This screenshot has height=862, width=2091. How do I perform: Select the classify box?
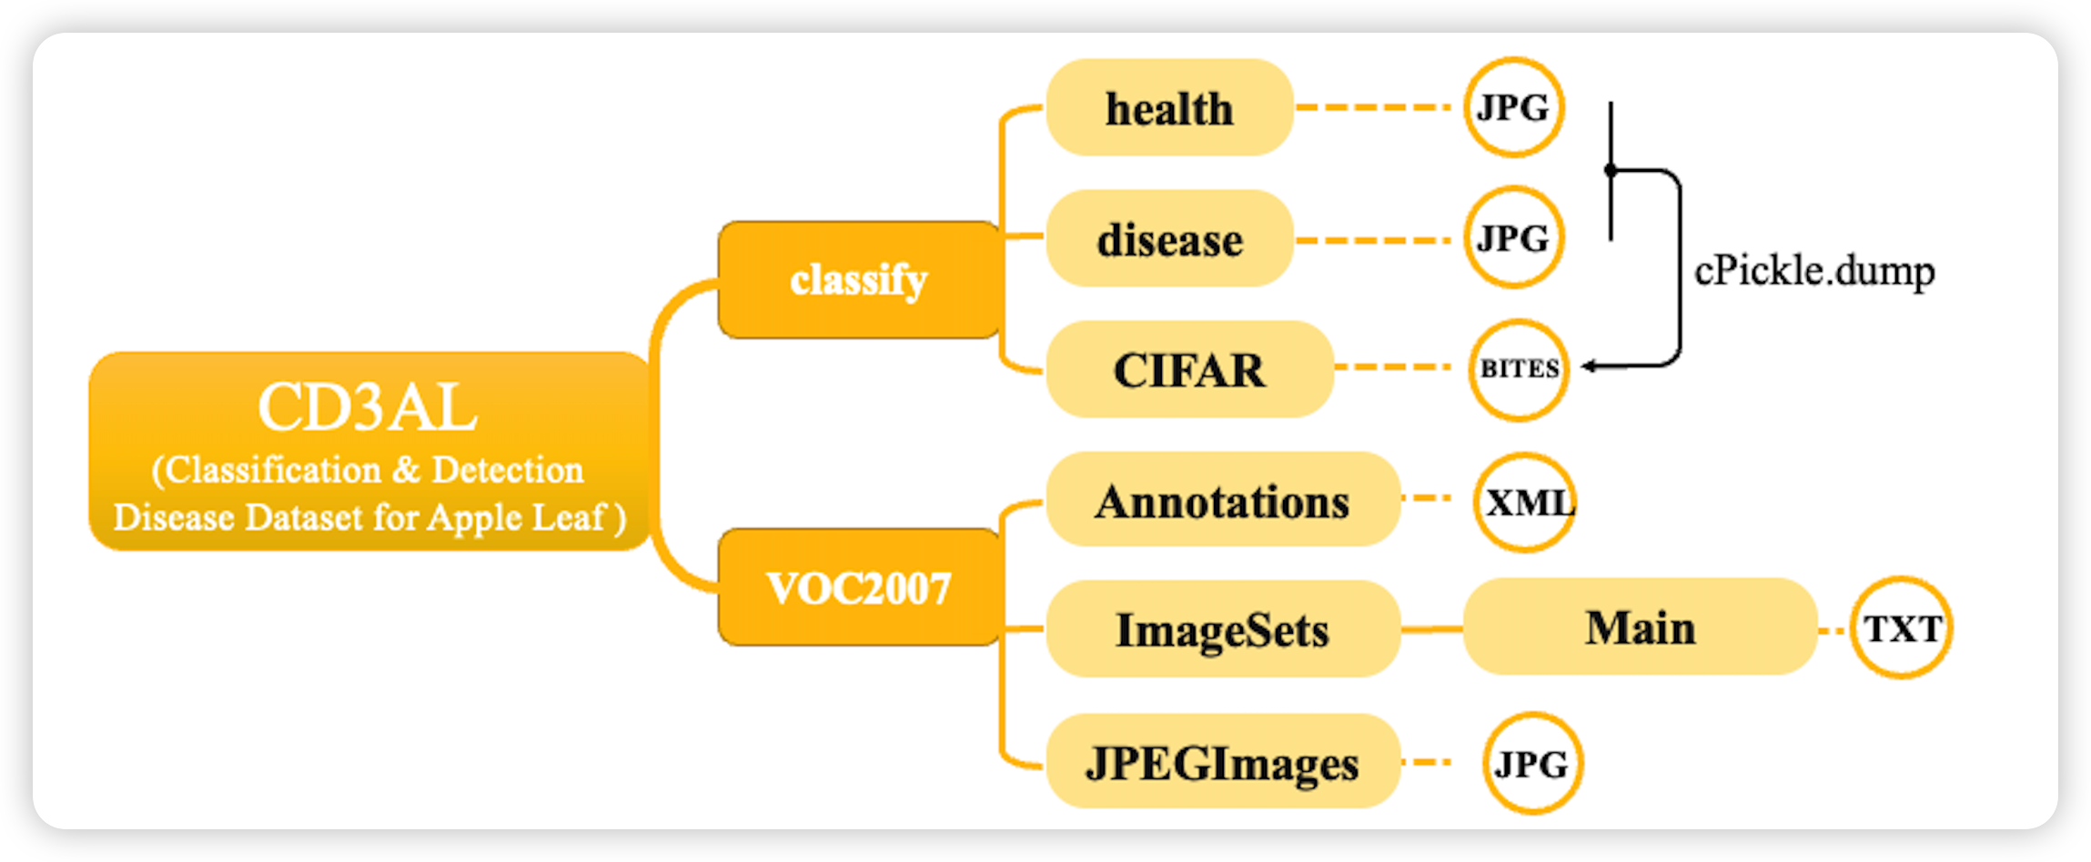coord(859,280)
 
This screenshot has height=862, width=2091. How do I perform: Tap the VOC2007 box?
coord(859,588)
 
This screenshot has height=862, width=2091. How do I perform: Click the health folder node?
coord(1169,108)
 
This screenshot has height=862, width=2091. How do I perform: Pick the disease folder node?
coord(1169,239)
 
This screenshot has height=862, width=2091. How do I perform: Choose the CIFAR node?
coord(1189,370)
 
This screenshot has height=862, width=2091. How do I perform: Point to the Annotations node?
coord(1222,501)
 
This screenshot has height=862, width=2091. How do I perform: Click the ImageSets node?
coord(1222,629)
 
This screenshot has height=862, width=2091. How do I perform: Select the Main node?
coord(1640,627)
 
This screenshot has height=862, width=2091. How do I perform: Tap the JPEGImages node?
coord(1222,762)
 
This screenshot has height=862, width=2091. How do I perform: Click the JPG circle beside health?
coord(1513,107)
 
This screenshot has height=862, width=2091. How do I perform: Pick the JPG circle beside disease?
coord(1513,238)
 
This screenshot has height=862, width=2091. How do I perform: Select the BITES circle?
coord(1519,369)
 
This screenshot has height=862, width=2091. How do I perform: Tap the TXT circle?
coord(1902,627)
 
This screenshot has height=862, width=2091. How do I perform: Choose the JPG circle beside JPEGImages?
coord(1532,763)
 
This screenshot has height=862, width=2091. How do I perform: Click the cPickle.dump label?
coord(1814,271)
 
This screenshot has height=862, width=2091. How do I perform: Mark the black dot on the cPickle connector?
coord(1611,170)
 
